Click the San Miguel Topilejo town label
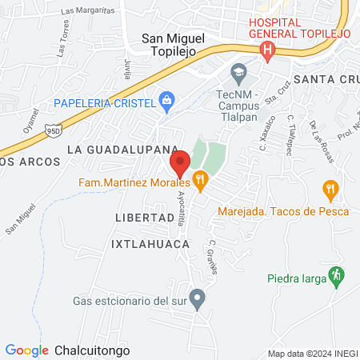pos(173,44)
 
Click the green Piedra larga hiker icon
pos(338,274)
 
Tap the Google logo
pos(26,350)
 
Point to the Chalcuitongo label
pos(92,350)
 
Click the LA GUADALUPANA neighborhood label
pos(122,150)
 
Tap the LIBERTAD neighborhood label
pos(144,218)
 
